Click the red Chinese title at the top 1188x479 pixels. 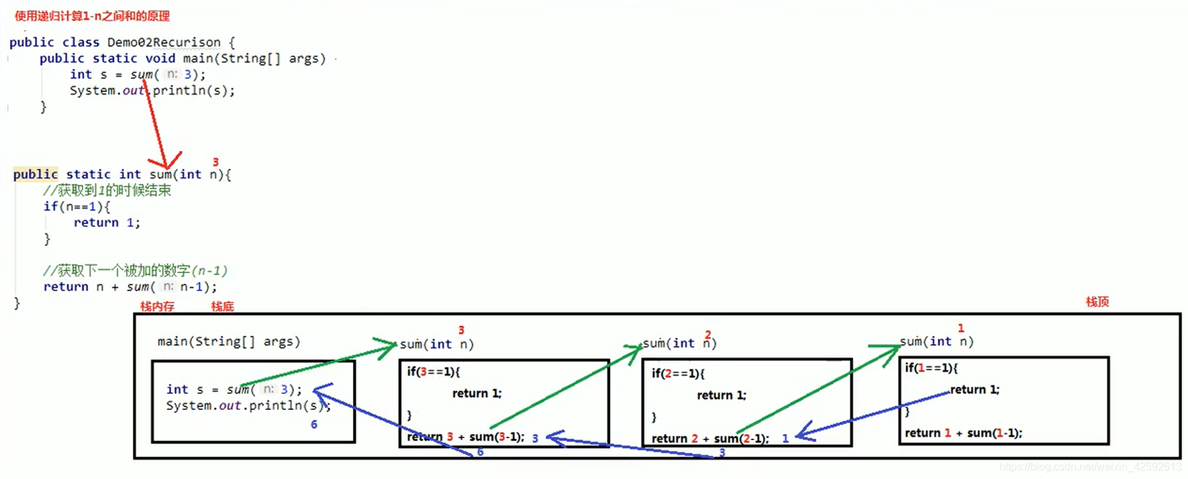pos(92,16)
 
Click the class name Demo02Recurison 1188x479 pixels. pos(164,42)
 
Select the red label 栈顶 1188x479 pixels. pos(1097,302)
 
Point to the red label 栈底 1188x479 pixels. pos(222,307)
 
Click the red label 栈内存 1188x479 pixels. pos(157,307)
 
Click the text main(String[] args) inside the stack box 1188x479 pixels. pos(228,341)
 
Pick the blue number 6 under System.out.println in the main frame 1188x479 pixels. pos(313,424)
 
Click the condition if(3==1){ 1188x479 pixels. pos(433,371)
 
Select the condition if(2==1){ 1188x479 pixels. pos(678,373)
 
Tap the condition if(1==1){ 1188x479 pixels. pos(931,368)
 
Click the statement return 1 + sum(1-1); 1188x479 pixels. pos(963,433)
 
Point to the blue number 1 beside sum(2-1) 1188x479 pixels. pos(785,438)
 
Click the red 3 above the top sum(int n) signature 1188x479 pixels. pos(215,162)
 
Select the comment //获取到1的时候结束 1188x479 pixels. pos(107,191)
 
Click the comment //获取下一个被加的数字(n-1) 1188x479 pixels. pos(135,270)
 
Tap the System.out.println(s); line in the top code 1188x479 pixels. pos(152,91)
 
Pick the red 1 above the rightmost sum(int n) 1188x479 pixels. pos(960,328)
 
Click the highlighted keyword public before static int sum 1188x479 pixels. pos(36,174)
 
